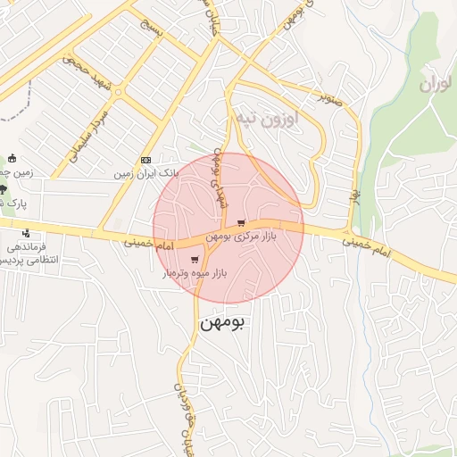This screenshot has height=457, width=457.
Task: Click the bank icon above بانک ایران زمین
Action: pos(146,160)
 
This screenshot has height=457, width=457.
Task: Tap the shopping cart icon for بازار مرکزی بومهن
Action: pos(242,223)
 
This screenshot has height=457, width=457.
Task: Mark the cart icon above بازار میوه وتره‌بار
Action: pos(195,260)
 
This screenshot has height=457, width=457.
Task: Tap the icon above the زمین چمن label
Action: pos(12,158)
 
